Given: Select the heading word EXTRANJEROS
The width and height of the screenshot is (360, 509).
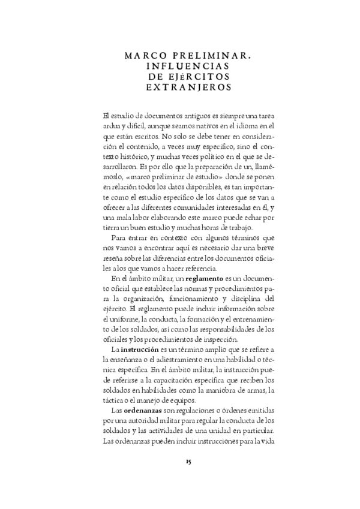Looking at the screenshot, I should coord(180,87).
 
